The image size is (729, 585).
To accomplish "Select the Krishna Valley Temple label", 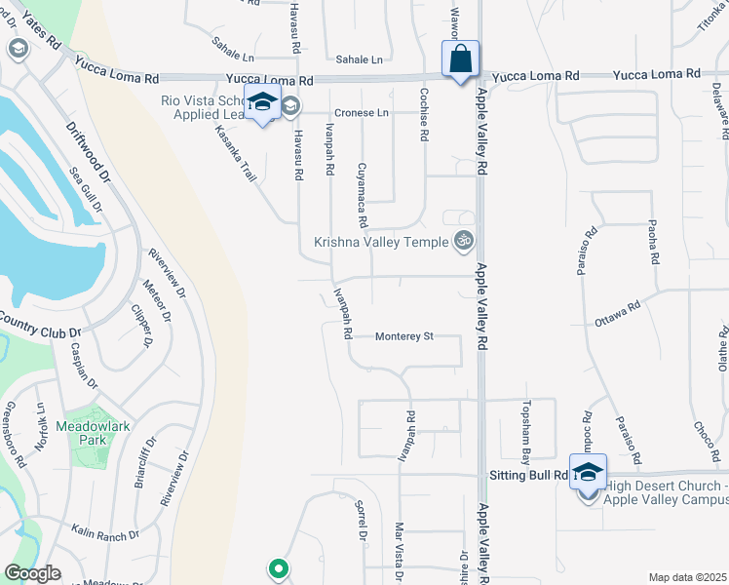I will click(381, 242).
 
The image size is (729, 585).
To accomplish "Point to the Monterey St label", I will click(405, 336).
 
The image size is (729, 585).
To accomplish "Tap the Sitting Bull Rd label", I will click(527, 475).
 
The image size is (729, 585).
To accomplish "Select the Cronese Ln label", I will click(362, 112).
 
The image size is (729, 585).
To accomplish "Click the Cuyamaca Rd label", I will click(362, 188).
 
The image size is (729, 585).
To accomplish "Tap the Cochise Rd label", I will click(423, 116).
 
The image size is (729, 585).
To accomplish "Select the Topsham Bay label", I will click(525, 430).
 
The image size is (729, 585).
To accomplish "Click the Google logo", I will click(33, 573).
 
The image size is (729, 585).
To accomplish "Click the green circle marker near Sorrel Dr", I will click(278, 567).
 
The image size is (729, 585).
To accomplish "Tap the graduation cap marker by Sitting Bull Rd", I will click(588, 472).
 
